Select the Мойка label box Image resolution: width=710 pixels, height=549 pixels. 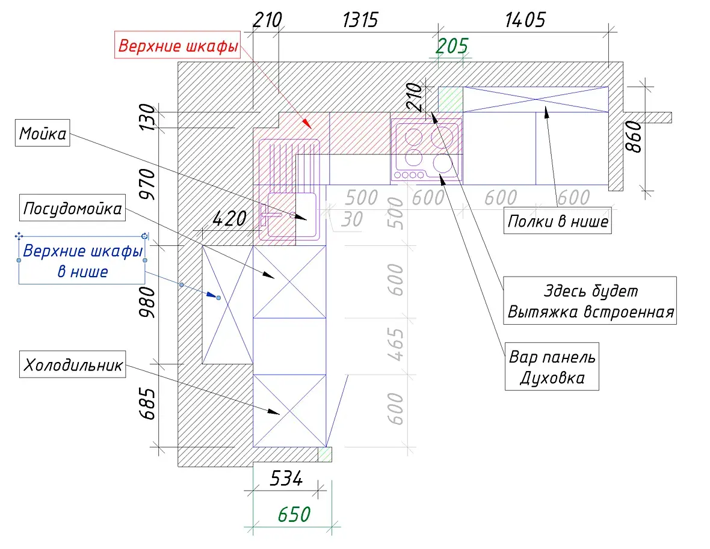click(x=43, y=133)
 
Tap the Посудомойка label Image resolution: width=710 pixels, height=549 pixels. click(x=72, y=207)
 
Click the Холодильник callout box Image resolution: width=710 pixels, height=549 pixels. click(x=72, y=364)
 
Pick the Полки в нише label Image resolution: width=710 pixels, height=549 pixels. click(x=557, y=221)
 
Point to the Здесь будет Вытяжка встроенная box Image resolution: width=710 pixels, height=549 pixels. click(x=590, y=301)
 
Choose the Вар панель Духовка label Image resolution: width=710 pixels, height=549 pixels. click(x=552, y=367)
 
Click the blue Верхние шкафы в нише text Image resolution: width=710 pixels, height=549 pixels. click(x=82, y=261)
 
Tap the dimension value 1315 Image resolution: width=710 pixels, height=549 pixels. click(x=360, y=20)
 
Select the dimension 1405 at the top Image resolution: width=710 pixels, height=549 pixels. click(x=525, y=20)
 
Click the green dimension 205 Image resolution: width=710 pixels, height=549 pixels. click(x=452, y=46)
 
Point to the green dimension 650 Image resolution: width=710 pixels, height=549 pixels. click(x=294, y=514)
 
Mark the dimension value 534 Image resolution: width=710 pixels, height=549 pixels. click(x=286, y=478)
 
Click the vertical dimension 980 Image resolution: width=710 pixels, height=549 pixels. click(x=147, y=302)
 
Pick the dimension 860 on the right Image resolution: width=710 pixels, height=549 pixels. click(x=634, y=136)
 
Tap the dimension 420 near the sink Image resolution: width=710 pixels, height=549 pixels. click(x=229, y=219)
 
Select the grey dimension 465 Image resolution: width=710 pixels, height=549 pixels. click(x=395, y=345)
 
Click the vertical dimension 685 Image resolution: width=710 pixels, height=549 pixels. click(x=147, y=403)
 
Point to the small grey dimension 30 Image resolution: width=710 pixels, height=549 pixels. click(x=352, y=219)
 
